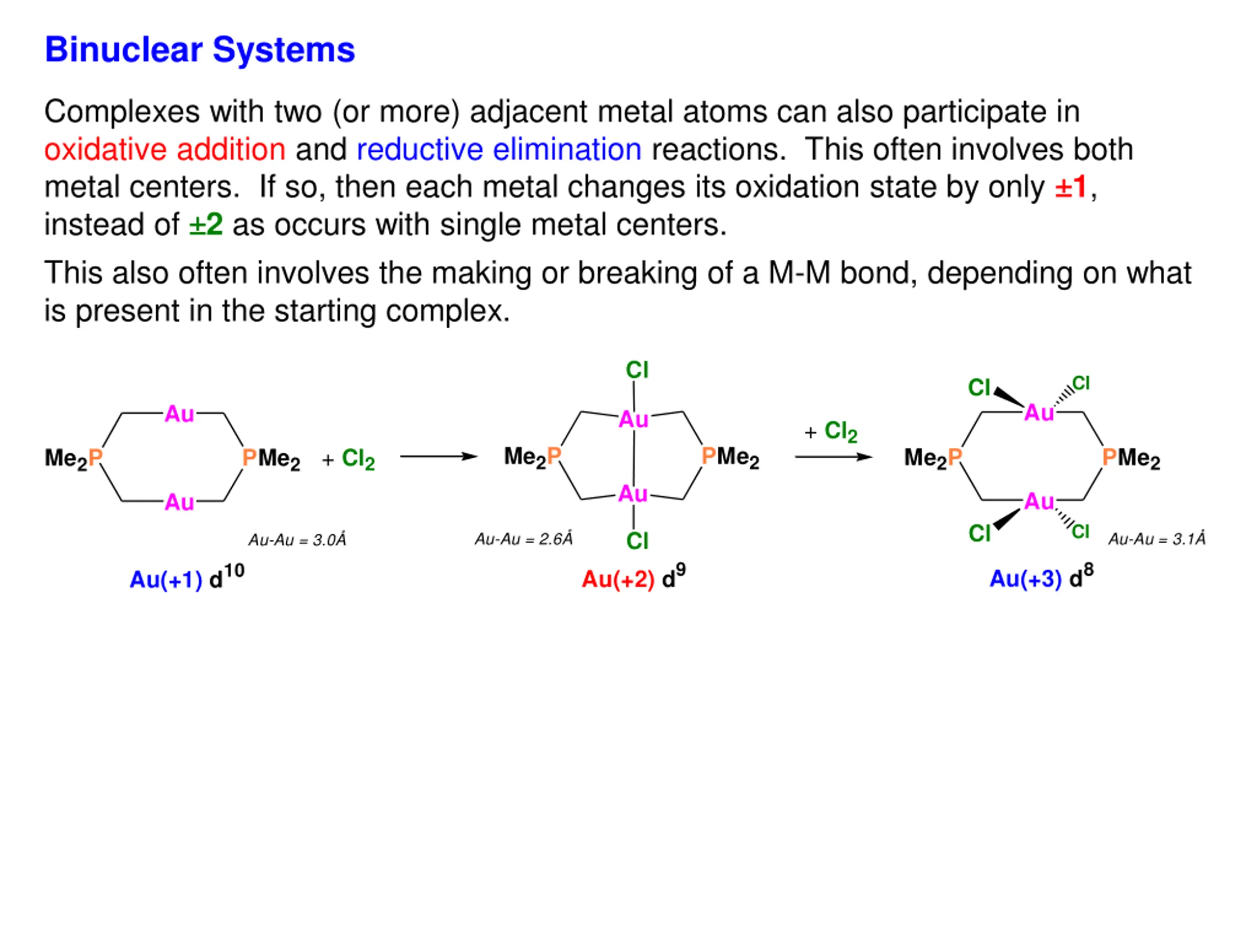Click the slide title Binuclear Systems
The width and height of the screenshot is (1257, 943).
pos(199,50)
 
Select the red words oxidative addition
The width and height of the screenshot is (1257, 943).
pos(165,149)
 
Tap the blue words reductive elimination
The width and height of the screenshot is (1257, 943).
pos(499,149)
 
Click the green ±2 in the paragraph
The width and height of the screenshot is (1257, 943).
pos(206,224)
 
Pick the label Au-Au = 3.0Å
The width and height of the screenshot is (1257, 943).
pos(297,539)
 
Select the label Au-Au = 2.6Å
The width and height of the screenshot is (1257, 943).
pos(523,539)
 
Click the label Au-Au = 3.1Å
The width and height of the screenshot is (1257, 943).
pos(1156,539)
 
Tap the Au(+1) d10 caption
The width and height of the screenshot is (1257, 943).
pos(187,578)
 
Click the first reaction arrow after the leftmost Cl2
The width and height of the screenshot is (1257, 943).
pos(438,456)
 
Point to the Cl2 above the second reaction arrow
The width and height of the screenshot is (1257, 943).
pos(841,431)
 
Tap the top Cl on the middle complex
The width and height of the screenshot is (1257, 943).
pos(636,370)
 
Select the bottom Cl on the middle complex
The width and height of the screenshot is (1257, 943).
pos(637,541)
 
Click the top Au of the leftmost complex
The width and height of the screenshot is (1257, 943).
pos(179,414)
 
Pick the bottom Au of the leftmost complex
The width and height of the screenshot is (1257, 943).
pos(179,502)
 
